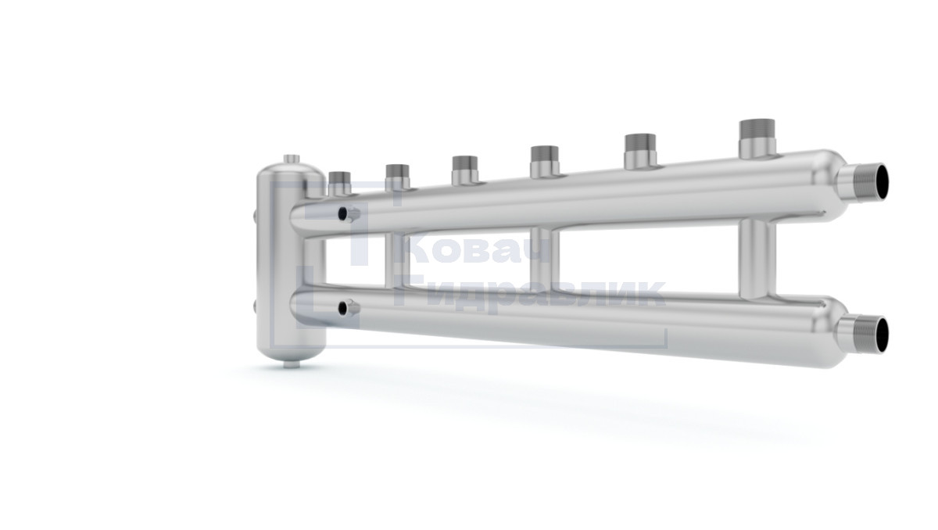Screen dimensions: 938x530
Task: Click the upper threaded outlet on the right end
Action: coord(865,181)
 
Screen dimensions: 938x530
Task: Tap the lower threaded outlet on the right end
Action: coord(865,335)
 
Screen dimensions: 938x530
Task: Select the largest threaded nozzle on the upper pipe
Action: coord(757,139)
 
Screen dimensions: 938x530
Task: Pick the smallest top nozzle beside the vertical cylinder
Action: coord(339,184)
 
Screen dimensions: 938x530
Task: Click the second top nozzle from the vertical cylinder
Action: coord(397,177)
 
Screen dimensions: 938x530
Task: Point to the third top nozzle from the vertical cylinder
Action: coord(465,170)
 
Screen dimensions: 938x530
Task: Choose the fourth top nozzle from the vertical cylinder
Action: coord(544,161)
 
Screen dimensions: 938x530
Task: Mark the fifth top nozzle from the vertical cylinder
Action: coord(640,151)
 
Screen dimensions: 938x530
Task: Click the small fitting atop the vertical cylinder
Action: coord(292,159)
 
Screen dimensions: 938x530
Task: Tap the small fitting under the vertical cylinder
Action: coord(292,364)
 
